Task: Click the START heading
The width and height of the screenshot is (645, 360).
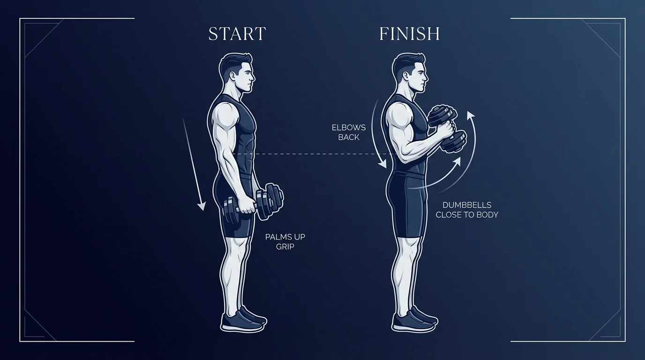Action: (x=237, y=34)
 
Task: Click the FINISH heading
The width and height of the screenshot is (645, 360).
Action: (x=409, y=34)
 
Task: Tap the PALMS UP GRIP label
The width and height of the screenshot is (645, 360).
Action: (x=285, y=241)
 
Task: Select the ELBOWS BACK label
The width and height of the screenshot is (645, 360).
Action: (x=348, y=132)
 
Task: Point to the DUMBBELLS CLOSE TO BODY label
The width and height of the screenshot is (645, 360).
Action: (x=467, y=210)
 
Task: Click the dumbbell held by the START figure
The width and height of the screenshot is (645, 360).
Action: (x=254, y=203)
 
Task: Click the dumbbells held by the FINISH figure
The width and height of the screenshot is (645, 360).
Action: (x=448, y=128)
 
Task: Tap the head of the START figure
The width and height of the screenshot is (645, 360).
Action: (x=237, y=75)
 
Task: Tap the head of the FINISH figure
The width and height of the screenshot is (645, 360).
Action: (x=409, y=75)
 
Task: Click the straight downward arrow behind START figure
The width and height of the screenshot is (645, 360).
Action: (x=193, y=164)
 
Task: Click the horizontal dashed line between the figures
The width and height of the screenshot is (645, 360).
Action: (x=319, y=154)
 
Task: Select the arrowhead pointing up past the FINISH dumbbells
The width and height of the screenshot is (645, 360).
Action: (x=470, y=115)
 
